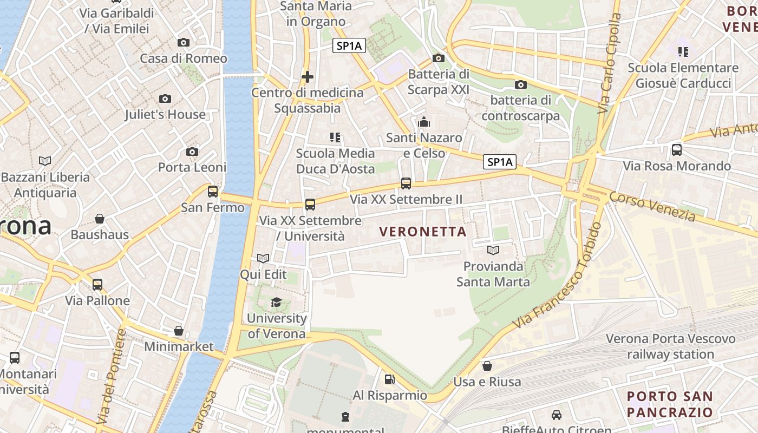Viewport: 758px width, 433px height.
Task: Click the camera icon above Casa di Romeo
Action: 184,43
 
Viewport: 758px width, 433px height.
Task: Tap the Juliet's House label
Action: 165,114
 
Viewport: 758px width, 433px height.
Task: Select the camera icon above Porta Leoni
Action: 192,152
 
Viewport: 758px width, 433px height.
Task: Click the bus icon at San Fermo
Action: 213,192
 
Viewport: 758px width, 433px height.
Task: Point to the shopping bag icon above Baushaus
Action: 99,219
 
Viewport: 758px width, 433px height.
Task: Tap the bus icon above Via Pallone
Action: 97,285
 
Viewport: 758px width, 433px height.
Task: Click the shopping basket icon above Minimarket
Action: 179,331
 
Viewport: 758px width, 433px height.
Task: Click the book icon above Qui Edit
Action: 263,259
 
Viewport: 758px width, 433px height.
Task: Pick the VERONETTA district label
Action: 422,232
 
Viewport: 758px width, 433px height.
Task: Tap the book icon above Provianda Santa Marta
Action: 493,250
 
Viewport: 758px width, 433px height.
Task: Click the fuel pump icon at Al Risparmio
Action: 389,380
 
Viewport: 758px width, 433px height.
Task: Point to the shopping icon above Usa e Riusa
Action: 487,366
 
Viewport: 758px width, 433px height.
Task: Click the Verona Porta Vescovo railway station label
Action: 670,347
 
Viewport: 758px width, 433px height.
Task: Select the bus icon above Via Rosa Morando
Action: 677,150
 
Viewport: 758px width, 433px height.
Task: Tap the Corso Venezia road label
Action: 652,206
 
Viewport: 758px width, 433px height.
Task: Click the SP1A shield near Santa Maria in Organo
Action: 349,46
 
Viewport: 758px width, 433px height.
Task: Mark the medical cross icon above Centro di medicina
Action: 308,77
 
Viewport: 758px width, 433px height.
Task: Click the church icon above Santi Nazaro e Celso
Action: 424,122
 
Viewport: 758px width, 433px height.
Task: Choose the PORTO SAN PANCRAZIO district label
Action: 670,404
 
